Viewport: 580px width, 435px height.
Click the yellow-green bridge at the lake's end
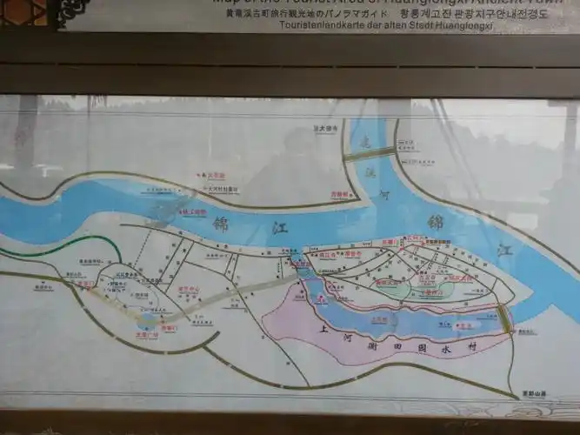505,319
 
